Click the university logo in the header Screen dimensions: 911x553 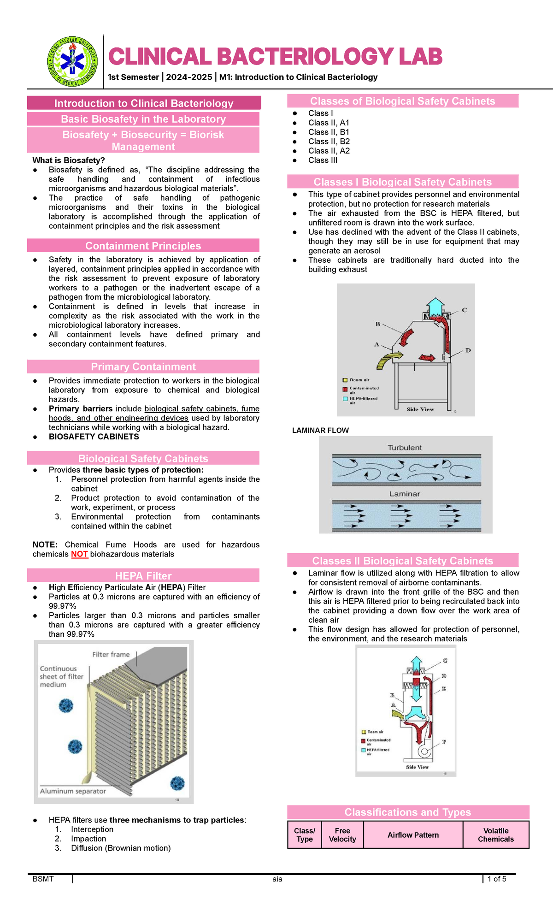tap(72, 61)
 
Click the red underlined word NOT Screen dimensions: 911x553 tap(79, 554)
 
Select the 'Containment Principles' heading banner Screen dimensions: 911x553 tap(143, 246)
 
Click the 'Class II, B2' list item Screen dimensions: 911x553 tap(329, 142)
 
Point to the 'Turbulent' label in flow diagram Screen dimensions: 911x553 tap(405, 448)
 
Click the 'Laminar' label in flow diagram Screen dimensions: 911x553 tap(405, 494)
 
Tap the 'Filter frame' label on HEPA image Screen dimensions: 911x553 tap(111, 654)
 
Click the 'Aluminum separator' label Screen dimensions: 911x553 tap(73, 791)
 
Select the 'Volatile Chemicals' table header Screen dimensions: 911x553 tap(495, 835)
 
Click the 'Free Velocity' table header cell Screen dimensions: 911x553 tap(342, 835)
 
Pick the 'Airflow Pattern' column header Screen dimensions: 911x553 tap(413, 835)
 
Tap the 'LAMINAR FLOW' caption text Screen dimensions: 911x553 tap(320, 431)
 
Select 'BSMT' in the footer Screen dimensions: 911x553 tap(43, 879)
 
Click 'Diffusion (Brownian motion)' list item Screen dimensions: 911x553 tap(121, 848)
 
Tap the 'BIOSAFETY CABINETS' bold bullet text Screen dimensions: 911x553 tap(94, 437)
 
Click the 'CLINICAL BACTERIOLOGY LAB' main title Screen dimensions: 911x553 tap(275, 57)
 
